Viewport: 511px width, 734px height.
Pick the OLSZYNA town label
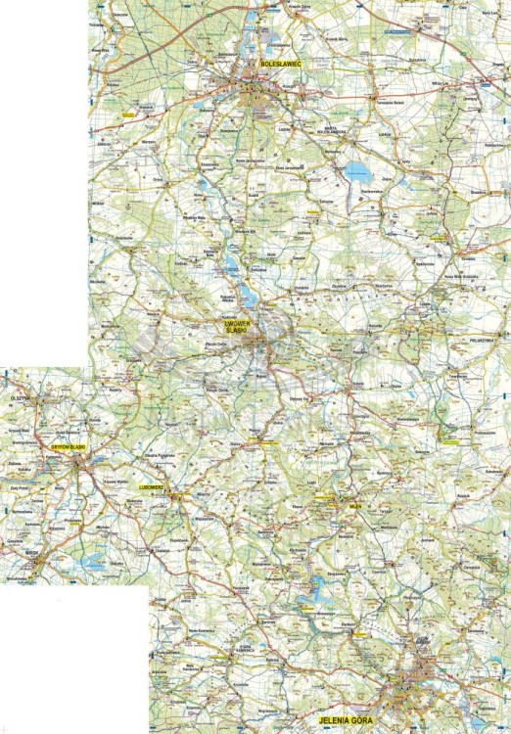(21, 399)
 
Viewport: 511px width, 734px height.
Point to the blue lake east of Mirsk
(95, 561)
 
